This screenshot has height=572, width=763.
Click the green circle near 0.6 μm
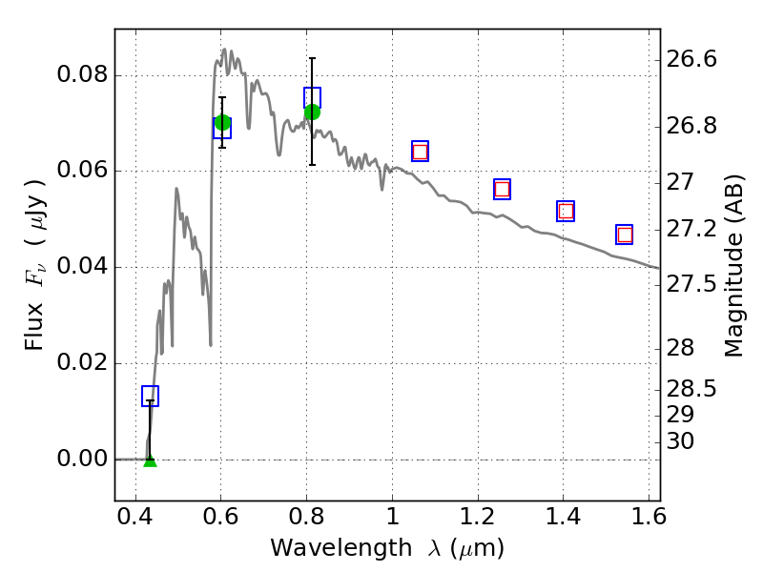pos(222,123)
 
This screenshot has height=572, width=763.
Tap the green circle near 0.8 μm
pos(313,112)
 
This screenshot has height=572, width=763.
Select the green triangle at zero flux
pos(151,461)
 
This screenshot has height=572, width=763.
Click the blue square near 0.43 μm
pos(151,396)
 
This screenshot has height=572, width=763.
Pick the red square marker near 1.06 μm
pos(420,152)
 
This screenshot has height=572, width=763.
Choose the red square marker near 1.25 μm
pos(503,189)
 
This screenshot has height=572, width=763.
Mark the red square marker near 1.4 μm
pos(566,211)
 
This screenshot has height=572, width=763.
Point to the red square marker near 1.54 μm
pos(625,235)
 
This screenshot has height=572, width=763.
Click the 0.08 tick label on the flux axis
pos(82,75)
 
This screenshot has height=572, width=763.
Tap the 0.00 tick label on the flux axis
pos(82,459)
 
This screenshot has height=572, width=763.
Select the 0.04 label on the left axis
pos(82,267)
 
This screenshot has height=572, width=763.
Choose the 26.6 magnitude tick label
pos(691,59)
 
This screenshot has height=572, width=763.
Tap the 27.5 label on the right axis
pos(691,284)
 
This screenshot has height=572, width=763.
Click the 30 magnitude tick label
pos(680,441)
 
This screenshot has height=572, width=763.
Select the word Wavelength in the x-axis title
pos(341,548)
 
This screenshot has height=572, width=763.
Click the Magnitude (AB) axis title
pos(733,266)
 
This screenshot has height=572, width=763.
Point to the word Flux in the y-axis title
pos(34,327)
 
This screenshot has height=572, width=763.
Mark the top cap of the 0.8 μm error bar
pos(313,58)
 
